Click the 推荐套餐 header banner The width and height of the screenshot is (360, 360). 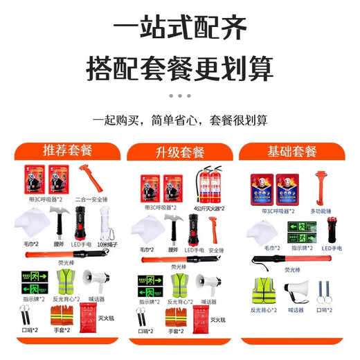point(66,150)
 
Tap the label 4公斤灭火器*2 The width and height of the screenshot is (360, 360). point(208,207)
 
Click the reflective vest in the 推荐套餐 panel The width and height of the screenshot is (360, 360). point(66,282)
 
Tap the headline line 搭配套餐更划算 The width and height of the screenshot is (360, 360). point(179,68)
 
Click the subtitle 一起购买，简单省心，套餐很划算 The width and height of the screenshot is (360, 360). point(179,120)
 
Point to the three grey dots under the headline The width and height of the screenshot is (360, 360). point(179,96)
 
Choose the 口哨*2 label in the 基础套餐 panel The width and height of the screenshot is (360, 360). point(322,311)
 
